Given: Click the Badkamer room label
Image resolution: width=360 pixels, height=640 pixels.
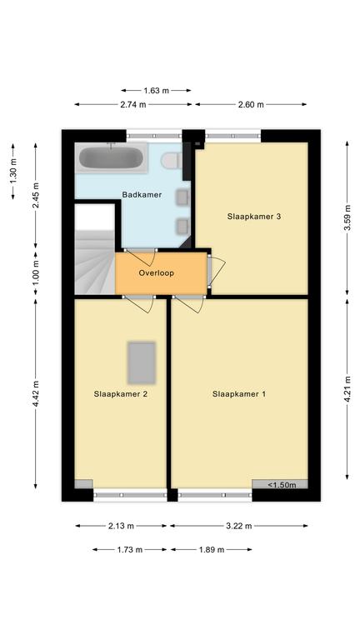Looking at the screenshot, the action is [x=142, y=195].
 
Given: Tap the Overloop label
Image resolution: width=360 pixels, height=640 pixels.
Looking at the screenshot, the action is [x=157, y=273].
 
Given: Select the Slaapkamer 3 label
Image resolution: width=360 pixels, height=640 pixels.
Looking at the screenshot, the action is [x=254, y=217].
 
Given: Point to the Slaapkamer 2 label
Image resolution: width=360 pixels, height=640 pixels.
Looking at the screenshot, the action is [x=120, y=394].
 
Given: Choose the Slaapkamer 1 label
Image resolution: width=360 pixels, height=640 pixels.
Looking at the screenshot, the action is [x=239, y=394].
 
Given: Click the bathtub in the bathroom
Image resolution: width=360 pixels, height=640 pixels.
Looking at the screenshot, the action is [x=111, y=157].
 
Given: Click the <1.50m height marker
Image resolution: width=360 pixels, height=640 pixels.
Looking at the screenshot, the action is [x=281, y=485].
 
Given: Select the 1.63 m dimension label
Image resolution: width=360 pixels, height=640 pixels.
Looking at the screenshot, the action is [x=157, y=91].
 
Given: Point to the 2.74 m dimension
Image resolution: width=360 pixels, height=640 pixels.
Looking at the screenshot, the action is [x=133, y=104].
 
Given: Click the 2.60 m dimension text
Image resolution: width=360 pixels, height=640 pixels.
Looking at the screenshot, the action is [x=251, y=104].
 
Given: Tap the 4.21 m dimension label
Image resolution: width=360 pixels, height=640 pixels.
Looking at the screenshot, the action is [x=347, y=389].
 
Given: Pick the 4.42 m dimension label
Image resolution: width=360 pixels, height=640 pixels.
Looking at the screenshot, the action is [x=36, y=394].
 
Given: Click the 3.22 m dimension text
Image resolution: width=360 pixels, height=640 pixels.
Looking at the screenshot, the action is [x=239, y=526].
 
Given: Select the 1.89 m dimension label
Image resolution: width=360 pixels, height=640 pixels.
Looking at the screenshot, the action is [x=212, y=550].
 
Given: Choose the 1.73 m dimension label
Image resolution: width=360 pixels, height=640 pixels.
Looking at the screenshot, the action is [x=130, y=550].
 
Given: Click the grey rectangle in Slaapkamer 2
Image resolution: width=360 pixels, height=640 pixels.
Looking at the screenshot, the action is [x=142, y=363].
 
